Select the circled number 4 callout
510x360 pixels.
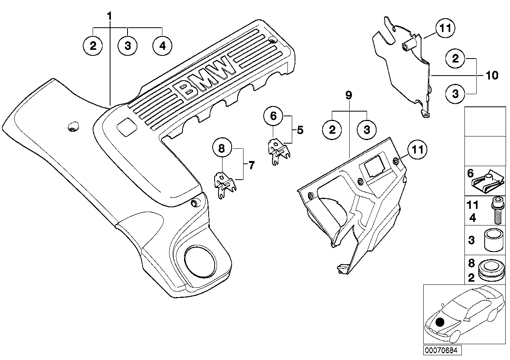point(162,45)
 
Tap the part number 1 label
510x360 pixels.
point(109,16)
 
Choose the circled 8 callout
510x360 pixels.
point(222,149)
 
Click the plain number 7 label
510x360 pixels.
point(251,165)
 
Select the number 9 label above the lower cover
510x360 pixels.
point(348,95)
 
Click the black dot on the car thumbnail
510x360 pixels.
point(439,323)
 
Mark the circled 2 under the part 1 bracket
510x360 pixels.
point(93,45)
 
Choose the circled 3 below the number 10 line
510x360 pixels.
point(455,94)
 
